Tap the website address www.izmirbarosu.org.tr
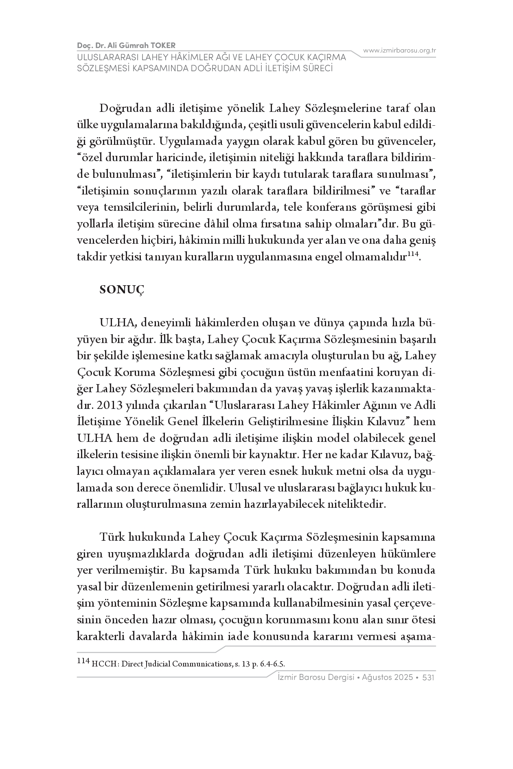399,50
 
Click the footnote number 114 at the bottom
83,661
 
